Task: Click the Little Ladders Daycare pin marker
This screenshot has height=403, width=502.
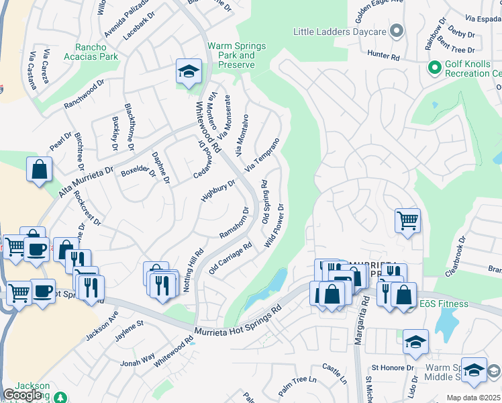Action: (397, 32)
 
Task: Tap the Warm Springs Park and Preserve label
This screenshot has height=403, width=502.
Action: (236, 56)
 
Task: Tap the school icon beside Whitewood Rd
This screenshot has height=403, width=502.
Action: (189, 71)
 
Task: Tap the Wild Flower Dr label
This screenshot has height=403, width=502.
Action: (276, 226)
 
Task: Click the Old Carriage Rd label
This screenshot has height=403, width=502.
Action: (230, 257)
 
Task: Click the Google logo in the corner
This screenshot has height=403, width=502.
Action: (23, 395)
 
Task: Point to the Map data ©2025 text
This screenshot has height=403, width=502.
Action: (473, 398)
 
